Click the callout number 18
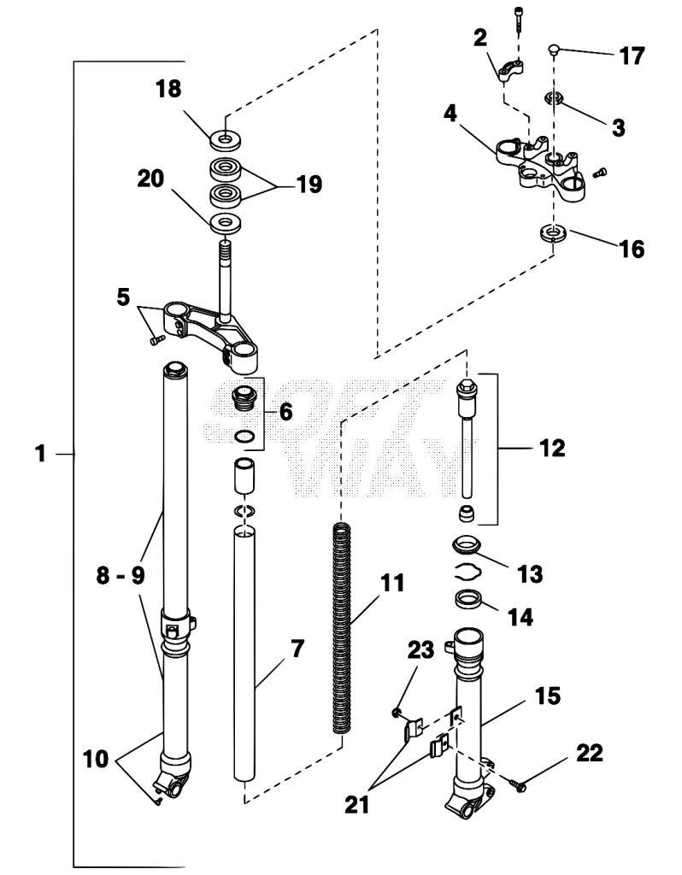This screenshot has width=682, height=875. [x=168, y=89]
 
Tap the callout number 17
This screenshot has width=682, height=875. [x=632, y=56]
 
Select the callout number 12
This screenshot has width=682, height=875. [x=552, y=448]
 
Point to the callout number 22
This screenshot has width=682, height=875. [x=590, y=753]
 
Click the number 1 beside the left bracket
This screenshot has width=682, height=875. [x=40, y=454]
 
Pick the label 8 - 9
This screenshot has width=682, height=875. [x=120, y=575]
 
